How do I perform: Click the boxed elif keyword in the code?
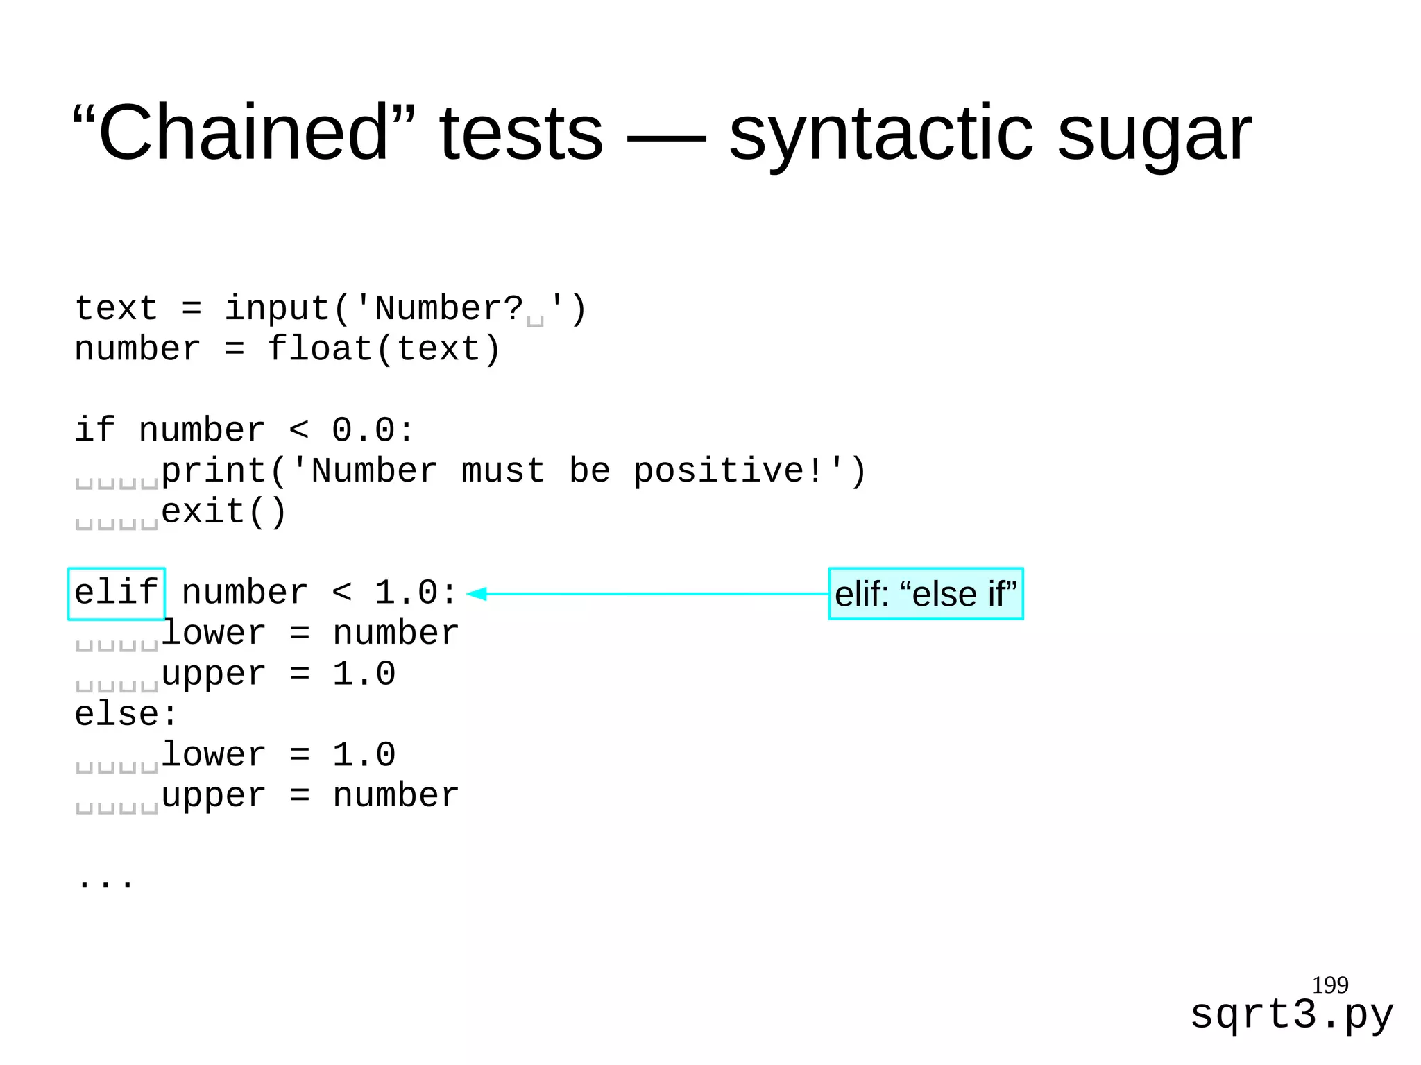(x=117, y=593)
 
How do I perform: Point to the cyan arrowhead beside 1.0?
(x=477, y=593)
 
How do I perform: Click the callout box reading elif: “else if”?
(x=926, y=594)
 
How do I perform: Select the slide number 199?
(x=1329, y=985)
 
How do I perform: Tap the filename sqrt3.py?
(x=1291, y=1015)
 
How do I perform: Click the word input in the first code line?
(x=278, y=309)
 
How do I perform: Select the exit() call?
(x=223, y=512)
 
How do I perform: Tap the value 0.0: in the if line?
(x=373, y=431)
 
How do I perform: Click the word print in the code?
(x=214, y=471)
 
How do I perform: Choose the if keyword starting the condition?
(x=94, y=430)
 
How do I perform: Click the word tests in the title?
(x=521, y=132)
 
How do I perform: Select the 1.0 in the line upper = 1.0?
(x=364, y=674)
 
